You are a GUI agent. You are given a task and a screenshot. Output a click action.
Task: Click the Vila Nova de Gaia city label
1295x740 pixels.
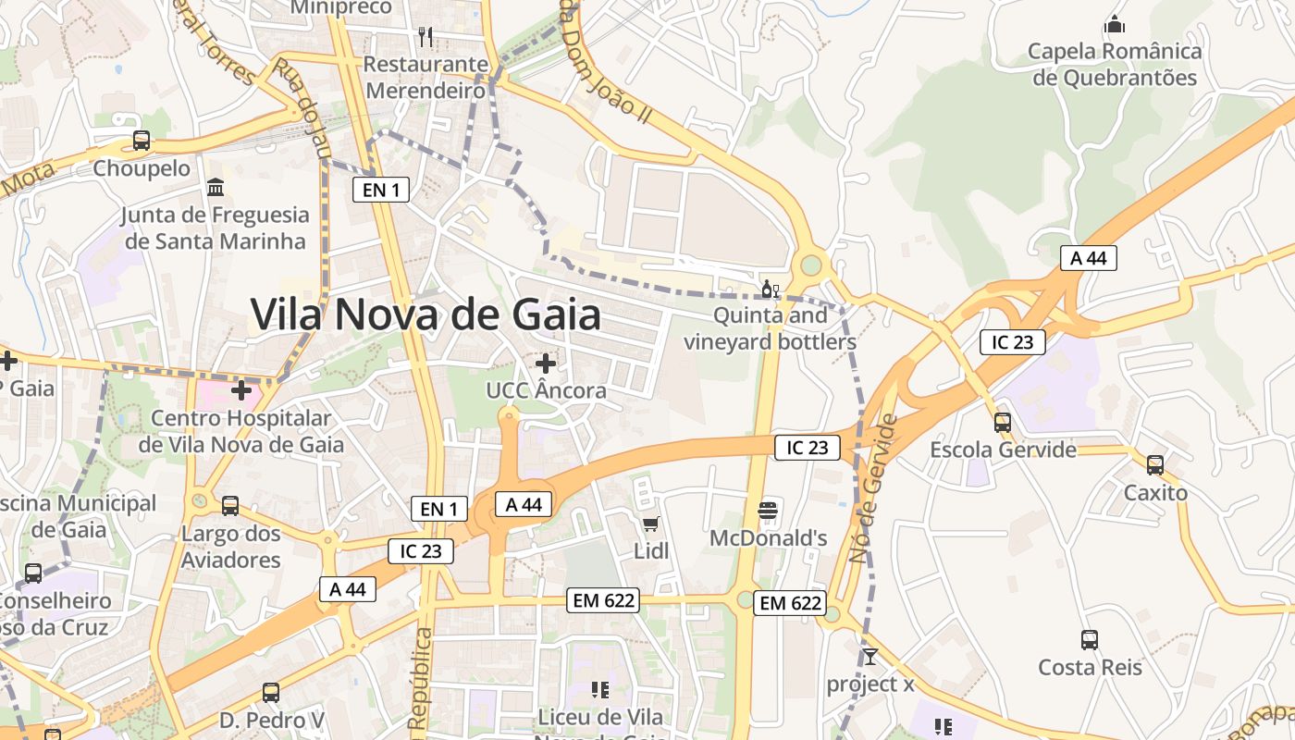tap(426, 314)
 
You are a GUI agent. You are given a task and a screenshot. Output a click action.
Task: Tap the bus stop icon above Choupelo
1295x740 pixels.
tap(142, 141)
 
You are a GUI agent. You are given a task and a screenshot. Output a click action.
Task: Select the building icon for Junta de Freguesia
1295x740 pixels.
tap(216, 188)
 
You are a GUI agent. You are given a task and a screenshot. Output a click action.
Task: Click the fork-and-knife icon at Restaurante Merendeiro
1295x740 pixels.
tap(425, 36)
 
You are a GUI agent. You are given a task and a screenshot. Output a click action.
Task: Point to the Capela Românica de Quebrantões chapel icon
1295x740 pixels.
tap(1116, 24)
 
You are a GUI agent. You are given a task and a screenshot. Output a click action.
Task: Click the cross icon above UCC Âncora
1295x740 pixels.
tap(546, 363)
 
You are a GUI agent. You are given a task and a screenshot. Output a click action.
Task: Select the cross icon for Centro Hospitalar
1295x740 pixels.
tap(241, 390)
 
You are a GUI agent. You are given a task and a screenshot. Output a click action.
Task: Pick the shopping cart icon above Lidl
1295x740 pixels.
tap(651, 524)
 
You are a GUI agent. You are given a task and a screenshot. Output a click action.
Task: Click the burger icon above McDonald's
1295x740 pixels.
tap(768, 511)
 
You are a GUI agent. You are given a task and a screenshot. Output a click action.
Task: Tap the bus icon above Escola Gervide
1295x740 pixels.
tap(1003, 423)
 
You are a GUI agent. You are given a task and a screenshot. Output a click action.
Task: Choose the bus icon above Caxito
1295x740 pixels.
tap(1155, 464)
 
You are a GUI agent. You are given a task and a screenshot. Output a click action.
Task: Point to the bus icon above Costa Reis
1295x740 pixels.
tap(1090, 639)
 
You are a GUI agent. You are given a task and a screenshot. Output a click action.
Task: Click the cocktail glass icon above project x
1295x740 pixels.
tap(869, 657)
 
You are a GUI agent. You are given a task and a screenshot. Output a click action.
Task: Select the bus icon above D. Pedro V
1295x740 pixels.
tap(271, 692)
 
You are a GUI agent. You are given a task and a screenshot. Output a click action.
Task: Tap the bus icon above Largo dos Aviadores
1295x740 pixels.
tap(230, 506)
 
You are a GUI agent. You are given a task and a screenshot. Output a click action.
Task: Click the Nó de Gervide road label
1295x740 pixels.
tap(874, 489)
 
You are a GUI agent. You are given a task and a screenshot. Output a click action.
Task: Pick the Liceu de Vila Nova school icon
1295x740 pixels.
tap(600, 689)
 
